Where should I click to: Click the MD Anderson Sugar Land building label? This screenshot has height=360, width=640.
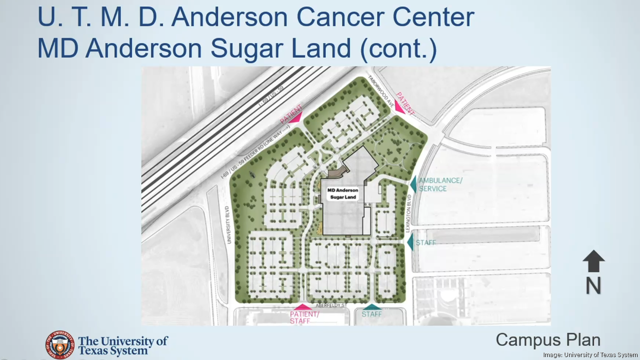coord(342,193)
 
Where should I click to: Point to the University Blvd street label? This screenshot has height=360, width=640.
coord(228,225)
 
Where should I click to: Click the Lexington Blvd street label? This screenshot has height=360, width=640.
coord(409,215)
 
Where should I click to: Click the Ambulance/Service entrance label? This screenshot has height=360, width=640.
coord(440,184)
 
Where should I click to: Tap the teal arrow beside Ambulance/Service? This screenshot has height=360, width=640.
coord(413,184)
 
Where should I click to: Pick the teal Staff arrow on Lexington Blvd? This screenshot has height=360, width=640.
coord(410,242)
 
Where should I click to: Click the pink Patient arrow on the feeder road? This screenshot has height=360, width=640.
coord(296,117)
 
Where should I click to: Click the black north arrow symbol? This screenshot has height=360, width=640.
coord(594,261)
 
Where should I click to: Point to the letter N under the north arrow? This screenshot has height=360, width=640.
coord(594,286)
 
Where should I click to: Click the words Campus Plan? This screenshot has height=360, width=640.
coord(548,339)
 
